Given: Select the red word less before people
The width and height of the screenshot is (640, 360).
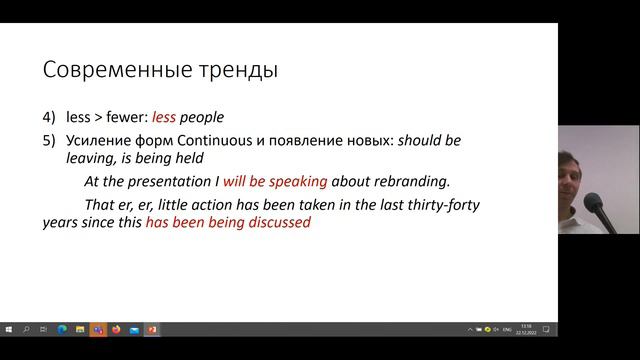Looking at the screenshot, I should [164, 117].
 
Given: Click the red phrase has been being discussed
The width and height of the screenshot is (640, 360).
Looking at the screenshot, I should [228, 223].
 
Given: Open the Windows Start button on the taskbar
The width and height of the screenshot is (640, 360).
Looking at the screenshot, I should [9, 329].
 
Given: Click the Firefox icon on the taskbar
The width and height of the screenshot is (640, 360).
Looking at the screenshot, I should [116, 329].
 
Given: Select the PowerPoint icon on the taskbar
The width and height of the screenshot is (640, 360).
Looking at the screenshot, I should [152, 329].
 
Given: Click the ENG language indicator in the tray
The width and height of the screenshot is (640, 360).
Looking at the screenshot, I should [507, 329].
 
